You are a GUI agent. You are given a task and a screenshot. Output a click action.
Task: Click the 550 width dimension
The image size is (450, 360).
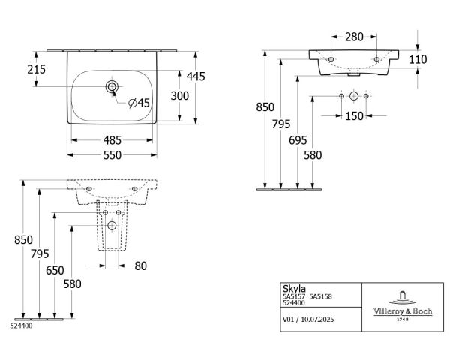pyautogui.click(x=112, y=155)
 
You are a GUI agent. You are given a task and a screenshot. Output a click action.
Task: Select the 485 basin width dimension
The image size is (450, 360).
pyautogui.click(x=112, y=140)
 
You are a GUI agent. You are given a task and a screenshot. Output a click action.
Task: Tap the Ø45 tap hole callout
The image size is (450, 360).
pyautogui.click(x=139, y=103)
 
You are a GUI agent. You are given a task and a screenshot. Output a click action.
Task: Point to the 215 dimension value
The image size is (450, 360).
pyautogui.click(x=37, y=69)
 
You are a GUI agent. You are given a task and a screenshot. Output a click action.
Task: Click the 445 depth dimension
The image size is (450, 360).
pyautogui.click(x=196, y=76)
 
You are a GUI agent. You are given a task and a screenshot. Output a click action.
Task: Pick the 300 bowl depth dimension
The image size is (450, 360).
pyautogui.click(x=180, y=96)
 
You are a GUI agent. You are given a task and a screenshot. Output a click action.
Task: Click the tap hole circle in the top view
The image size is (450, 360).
pyautogui.click(x=112, y=86)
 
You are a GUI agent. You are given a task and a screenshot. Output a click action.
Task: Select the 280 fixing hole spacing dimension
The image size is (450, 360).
pyautogui.click(x=354, y=37)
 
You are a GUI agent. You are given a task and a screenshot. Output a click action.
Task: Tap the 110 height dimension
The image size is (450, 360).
pyautogui.click(x=418, y=59)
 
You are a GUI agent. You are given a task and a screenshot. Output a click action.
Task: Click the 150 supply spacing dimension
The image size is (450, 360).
pyautogui.click(x=354, y=116)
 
